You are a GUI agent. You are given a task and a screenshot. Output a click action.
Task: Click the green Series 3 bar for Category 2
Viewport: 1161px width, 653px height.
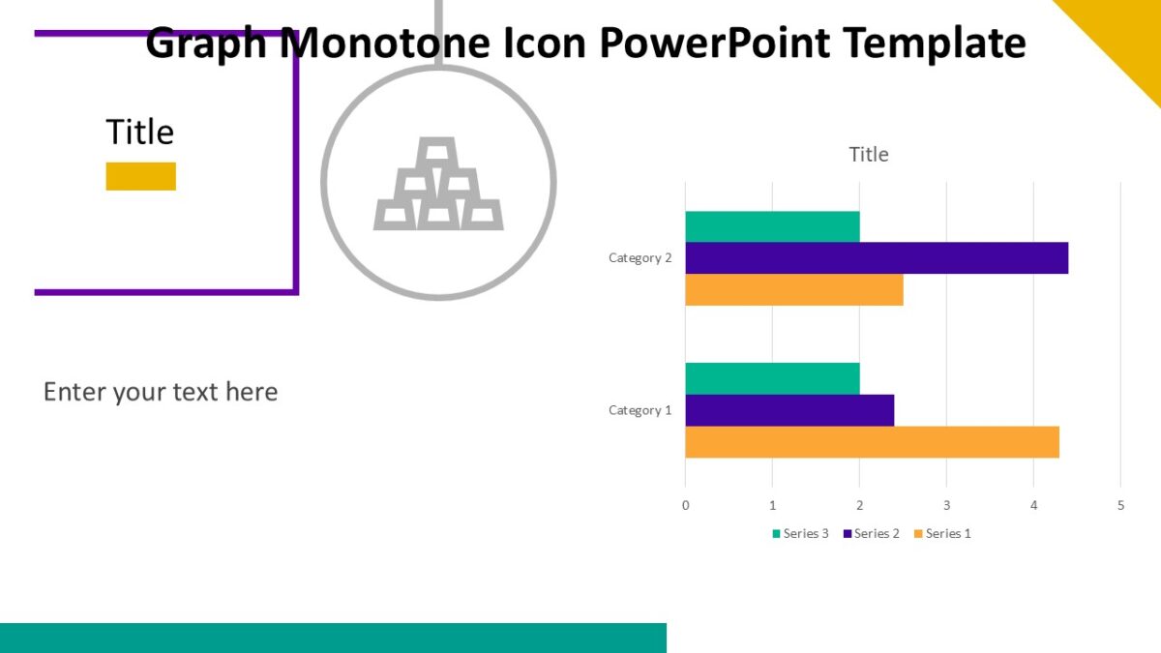click(x=772, y=226)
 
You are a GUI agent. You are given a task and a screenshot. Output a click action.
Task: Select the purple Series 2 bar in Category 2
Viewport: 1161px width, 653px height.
click(x=877, y=258)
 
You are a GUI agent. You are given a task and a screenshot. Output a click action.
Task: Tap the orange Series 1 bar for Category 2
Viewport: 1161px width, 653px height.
click(x=793, y=290)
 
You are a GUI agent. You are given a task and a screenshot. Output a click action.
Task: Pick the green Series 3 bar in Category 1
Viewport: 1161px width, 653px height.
click(x=772, y=378)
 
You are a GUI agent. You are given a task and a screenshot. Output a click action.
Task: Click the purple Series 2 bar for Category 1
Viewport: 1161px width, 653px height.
click(x=789, y=410)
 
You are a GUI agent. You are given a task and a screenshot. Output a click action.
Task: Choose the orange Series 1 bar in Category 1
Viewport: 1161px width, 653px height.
click(x=872, y=442)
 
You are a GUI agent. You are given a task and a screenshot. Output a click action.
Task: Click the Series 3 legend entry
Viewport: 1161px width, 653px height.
click(x=800, y=534)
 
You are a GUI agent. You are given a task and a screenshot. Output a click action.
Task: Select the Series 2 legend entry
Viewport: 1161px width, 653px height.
click(x=872, y=534)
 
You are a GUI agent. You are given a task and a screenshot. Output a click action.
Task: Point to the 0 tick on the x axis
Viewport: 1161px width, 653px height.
click(x=685, y=505)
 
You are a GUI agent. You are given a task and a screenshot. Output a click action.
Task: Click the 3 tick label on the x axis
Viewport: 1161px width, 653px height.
click(x=946, y=505)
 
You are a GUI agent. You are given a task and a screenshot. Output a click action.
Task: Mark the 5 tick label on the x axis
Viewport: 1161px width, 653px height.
click(x=1120, y=505)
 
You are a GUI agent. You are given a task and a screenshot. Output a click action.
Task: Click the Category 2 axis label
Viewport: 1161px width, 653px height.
click(x=640, y=258)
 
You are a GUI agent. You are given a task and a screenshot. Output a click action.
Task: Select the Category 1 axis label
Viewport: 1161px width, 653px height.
click(x=640, y=410)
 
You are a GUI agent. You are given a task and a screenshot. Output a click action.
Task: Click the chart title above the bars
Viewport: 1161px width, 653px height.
click(x=868, y=154)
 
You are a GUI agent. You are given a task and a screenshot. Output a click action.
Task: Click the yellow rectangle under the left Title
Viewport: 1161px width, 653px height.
click(x=140, y=176)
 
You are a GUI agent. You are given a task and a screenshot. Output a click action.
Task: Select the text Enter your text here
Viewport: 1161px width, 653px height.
click(x=161, y=392)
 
